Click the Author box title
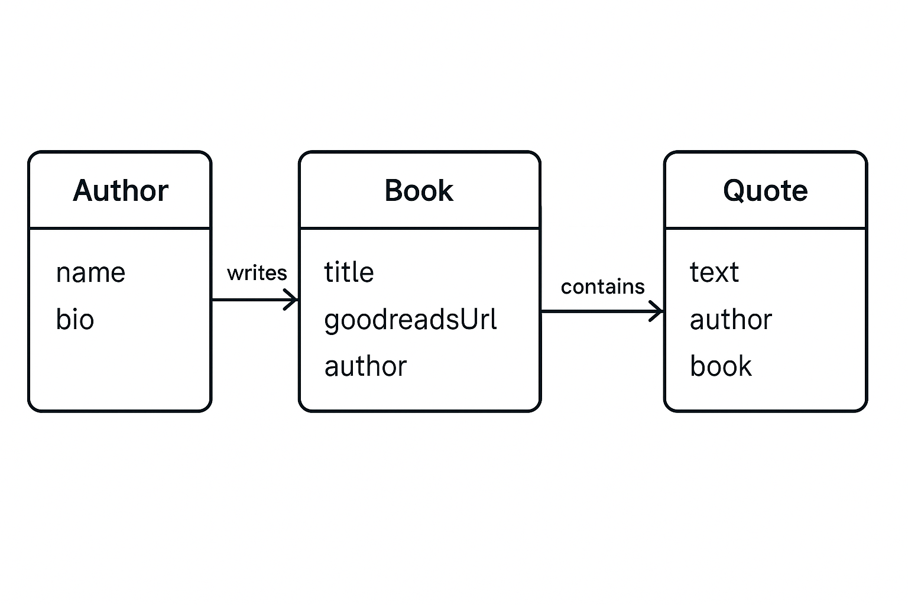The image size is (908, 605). point(121,191)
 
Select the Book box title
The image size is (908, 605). point(419,191)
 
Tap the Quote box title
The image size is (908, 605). point(765,191)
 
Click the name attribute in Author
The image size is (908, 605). point(90,273)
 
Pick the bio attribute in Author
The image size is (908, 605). point(75,320)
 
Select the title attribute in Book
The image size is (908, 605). point(349,273)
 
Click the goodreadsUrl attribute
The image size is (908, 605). point(410,320)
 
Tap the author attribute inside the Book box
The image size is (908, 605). point(365,366)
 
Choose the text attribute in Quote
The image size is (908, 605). point(714,273)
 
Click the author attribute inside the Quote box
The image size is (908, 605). point(731,320)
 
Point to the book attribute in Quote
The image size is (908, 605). point(721,366)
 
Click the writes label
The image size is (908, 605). point(257,273)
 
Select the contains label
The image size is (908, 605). point(602,287)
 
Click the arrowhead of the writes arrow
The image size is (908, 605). point(292,300)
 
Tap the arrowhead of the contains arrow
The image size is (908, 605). point(657,311)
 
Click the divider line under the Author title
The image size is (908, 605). point(119,228)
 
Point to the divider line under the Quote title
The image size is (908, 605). point(765,228)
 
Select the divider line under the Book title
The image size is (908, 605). point(419,228)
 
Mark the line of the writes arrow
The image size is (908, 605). point(248,300)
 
